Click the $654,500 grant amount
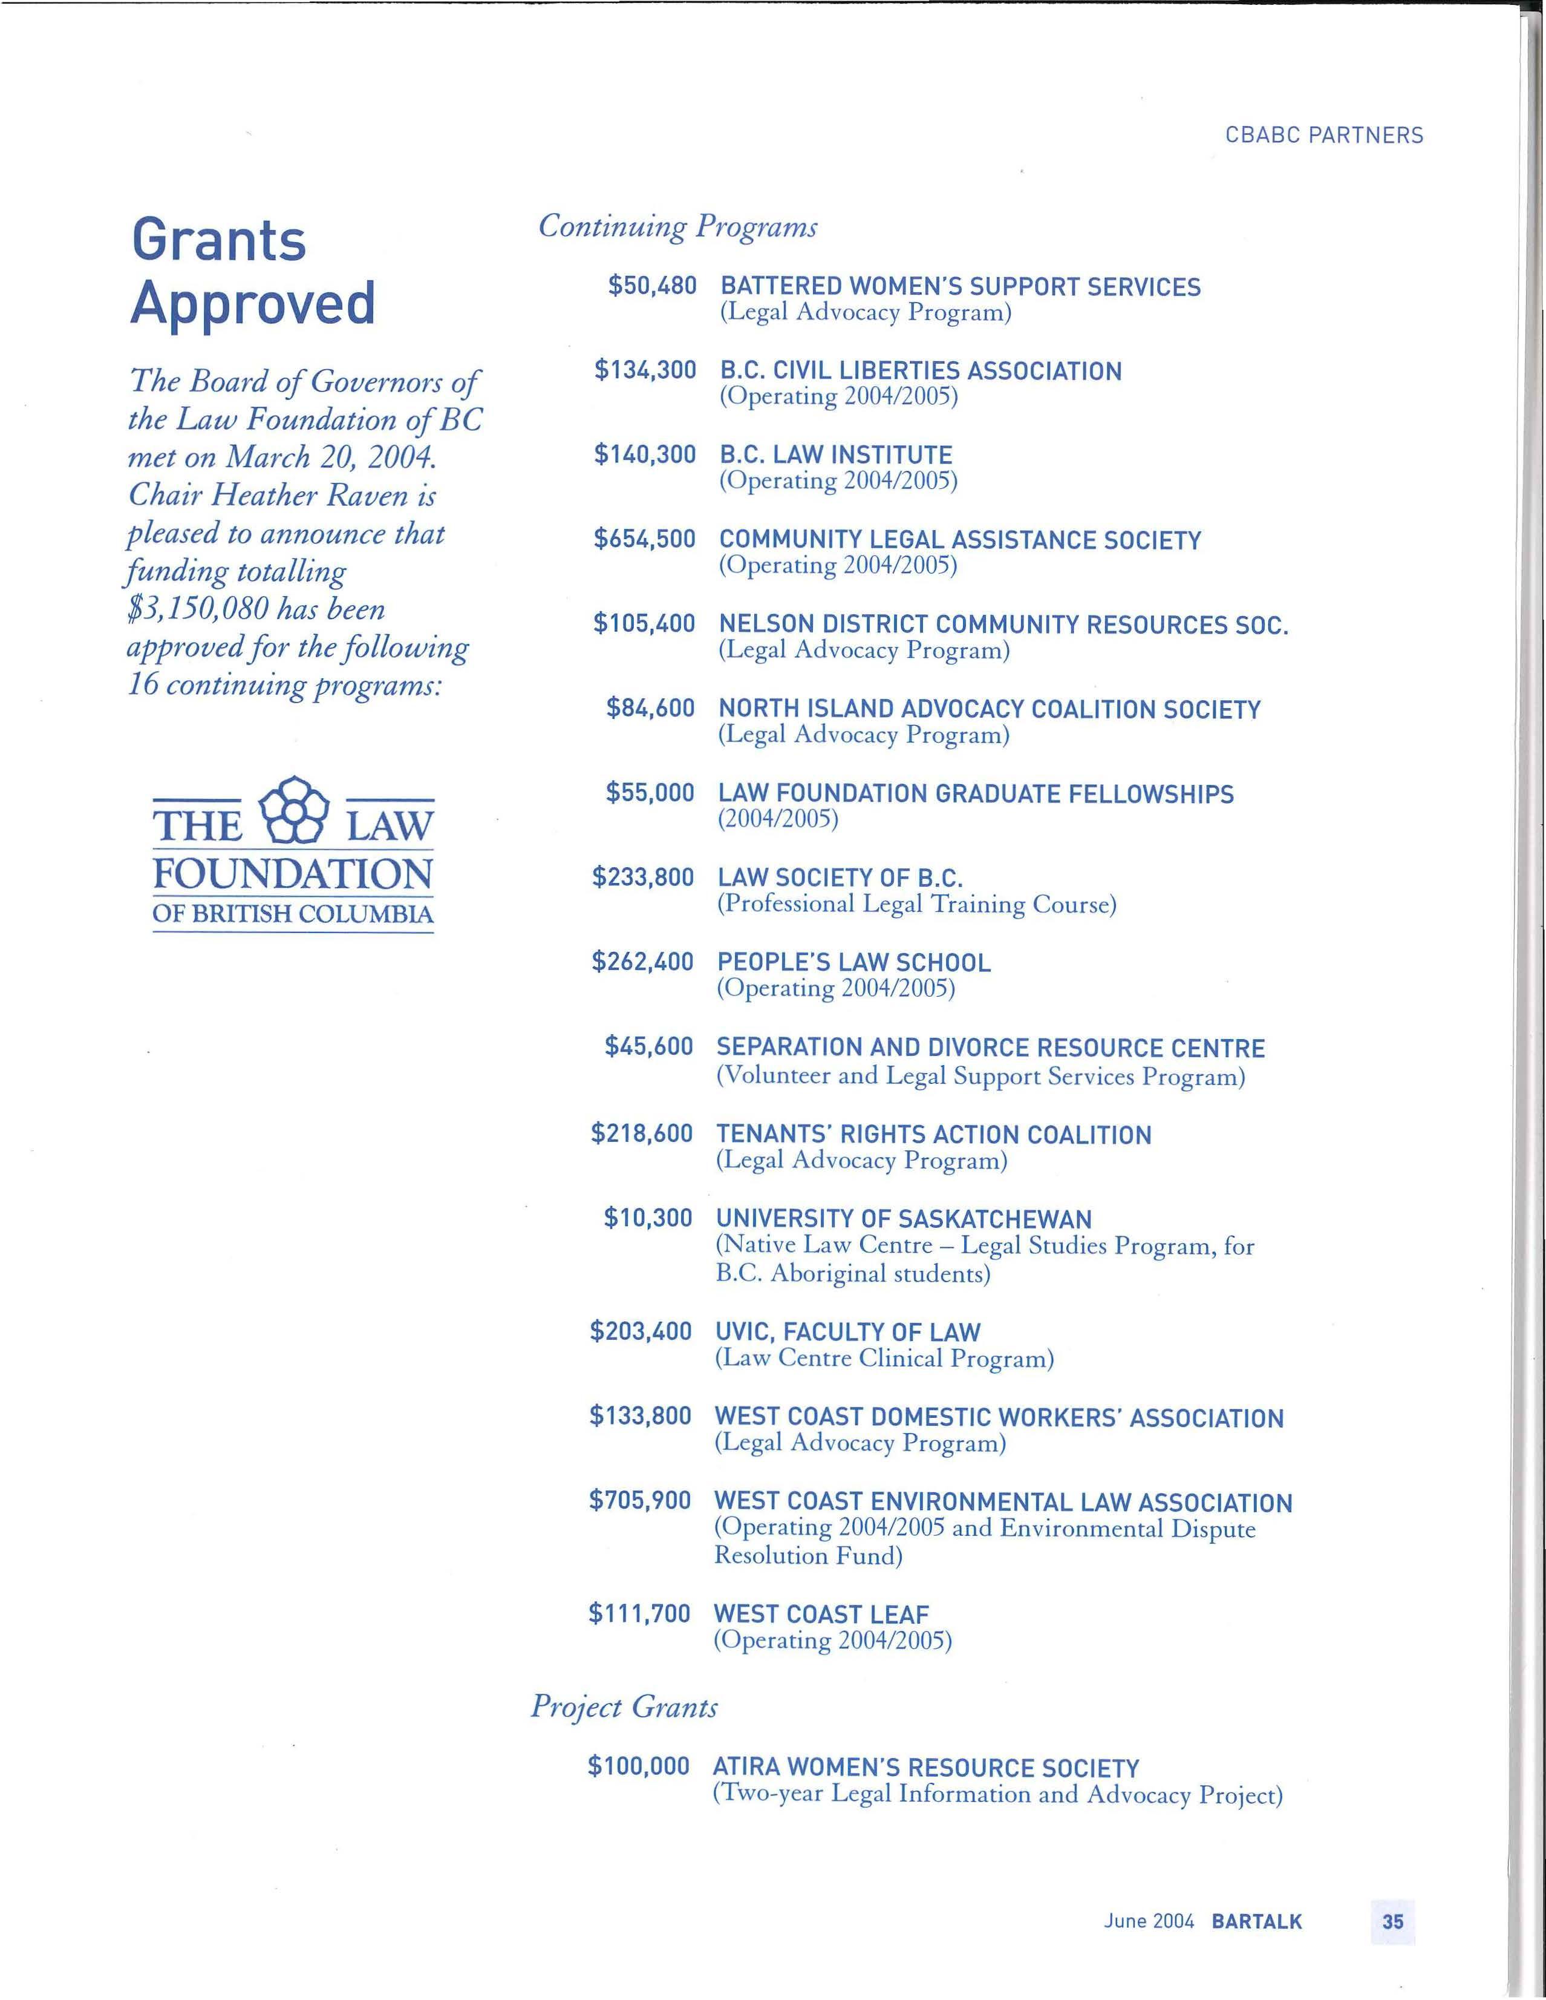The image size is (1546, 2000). coord(644,539)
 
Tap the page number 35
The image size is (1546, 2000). coord(1392,1920)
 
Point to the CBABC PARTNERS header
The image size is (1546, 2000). coord(1323,136)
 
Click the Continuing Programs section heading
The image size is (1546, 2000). coord(677,226)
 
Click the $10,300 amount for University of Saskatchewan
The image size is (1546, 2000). coord(648,1218)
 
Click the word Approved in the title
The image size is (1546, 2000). coord(253,303)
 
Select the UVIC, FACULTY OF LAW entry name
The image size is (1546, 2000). coord(847,1331)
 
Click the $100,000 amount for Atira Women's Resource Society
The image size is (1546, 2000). coord(638,1766)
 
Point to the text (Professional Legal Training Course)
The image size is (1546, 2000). coord(916,905)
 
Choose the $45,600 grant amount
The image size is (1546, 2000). coord(648,1047)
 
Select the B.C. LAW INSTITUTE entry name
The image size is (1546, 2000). coord(836,455)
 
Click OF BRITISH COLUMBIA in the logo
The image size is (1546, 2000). coord(293,914)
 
